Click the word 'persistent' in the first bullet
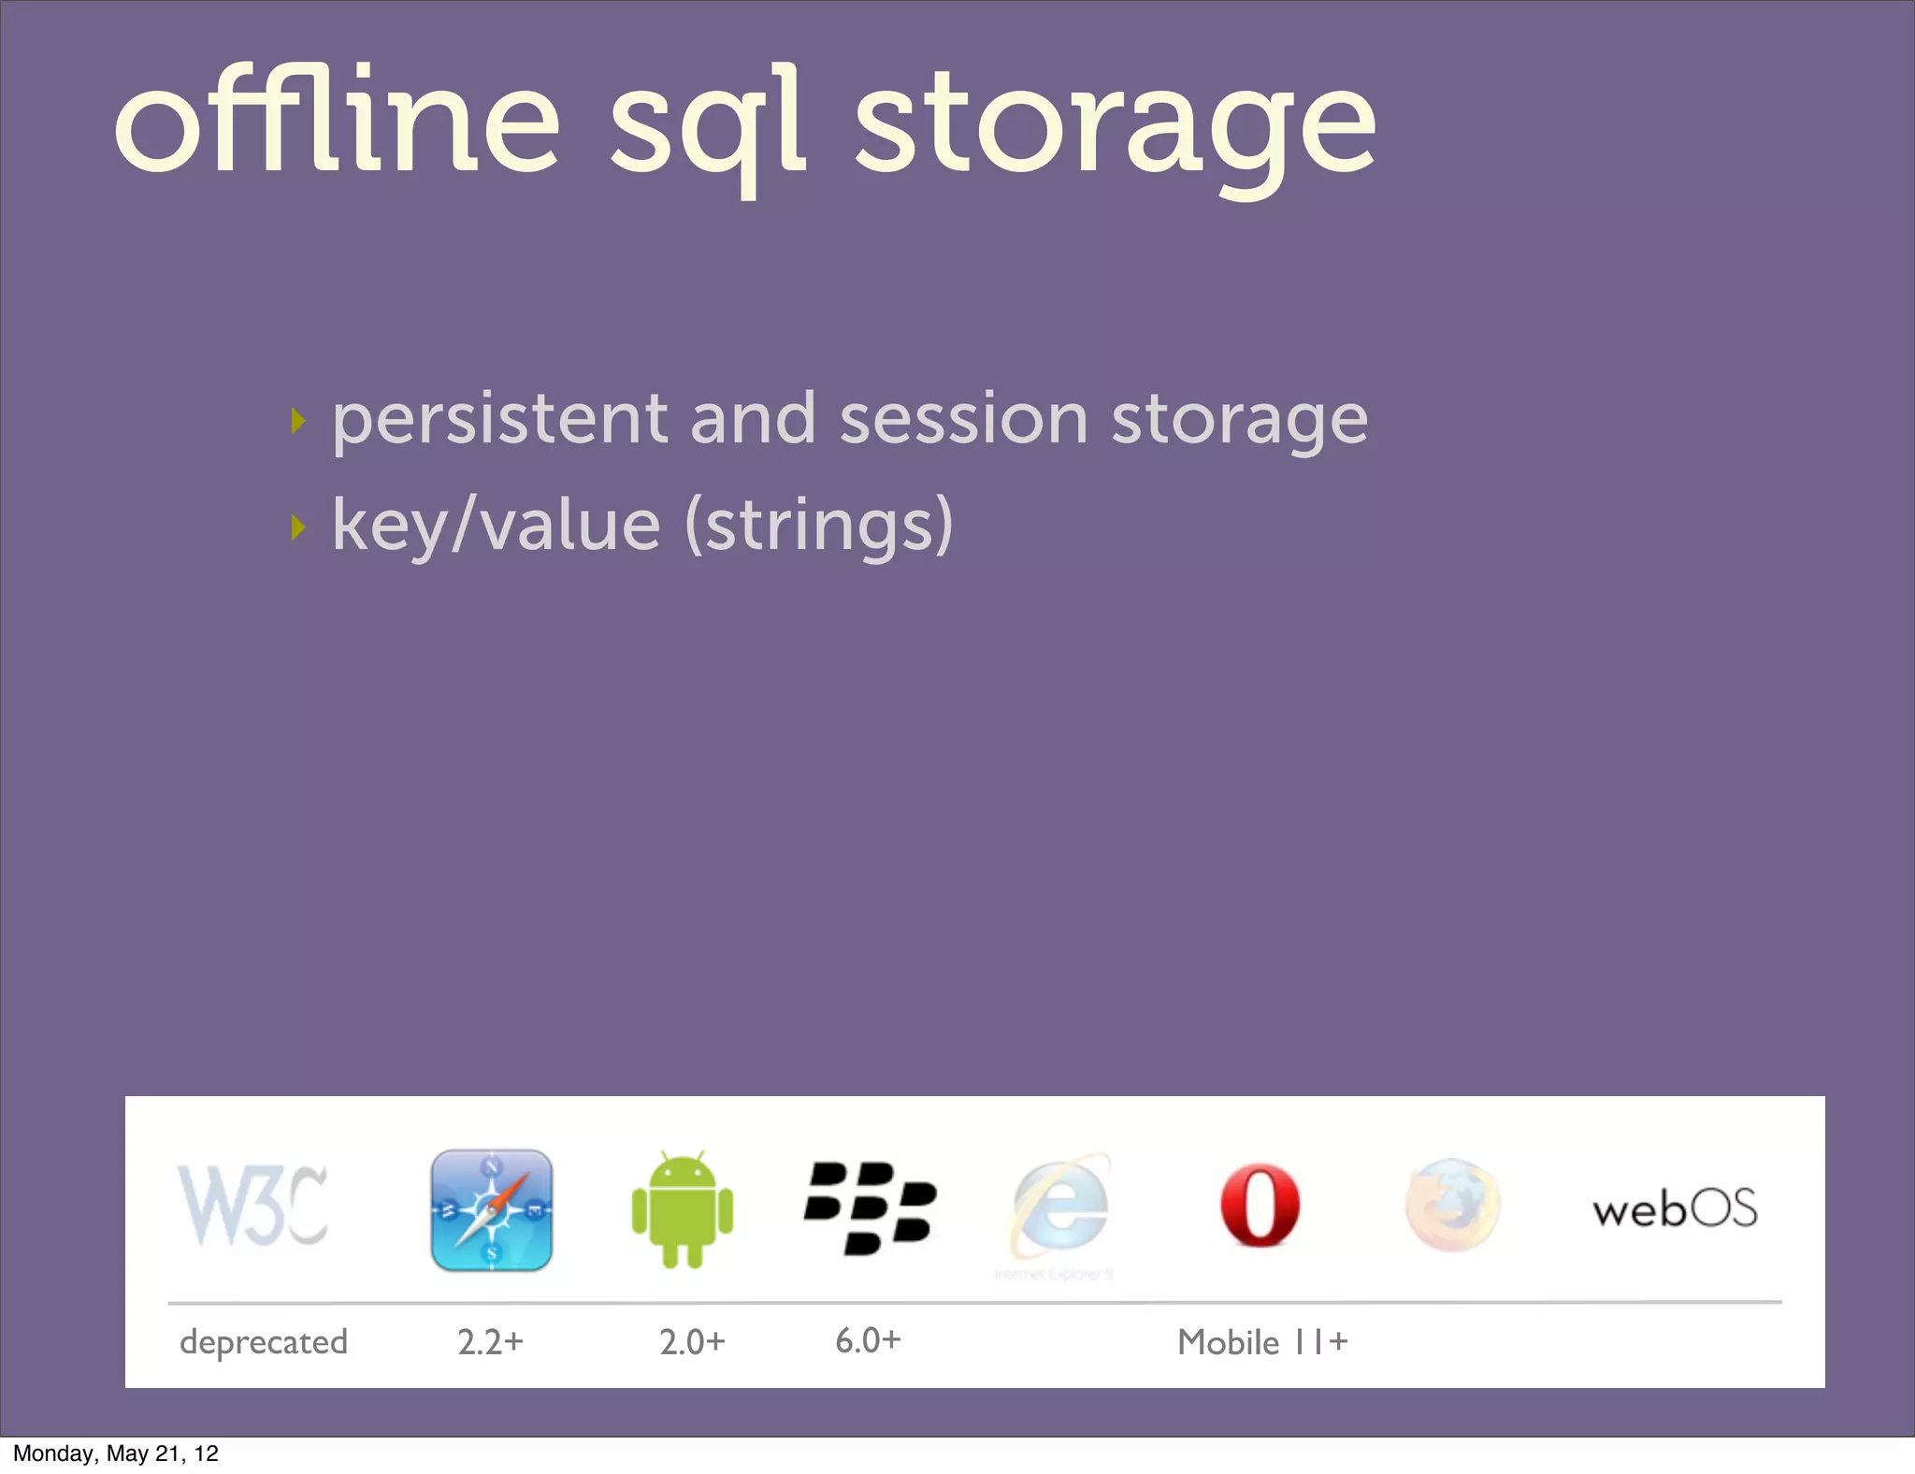click(499, 420)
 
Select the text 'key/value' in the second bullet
click(497, 526)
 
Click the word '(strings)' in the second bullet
click(819, 526)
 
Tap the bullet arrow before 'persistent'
click(298, 421)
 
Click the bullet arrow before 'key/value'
click(298, 527)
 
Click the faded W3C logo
click(252, 1206)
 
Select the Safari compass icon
click(492, 1209)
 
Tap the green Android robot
click(683, 1209)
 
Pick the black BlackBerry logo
click(870, 1207)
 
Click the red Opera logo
click(1260, 1206)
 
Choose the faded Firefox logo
click(1452, 1206)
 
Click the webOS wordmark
click(1675, 1209)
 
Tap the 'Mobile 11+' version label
click(1262, 1342)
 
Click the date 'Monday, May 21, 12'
click(116, 1453)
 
